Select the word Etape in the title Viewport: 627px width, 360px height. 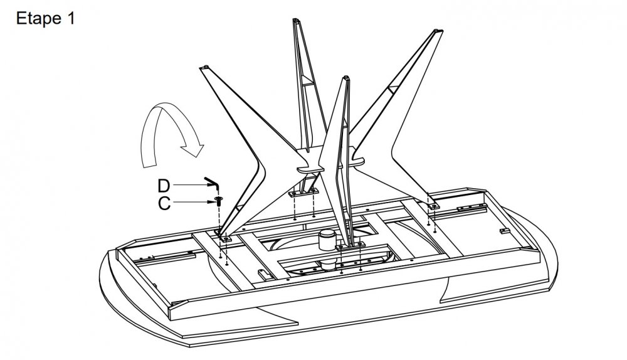37,19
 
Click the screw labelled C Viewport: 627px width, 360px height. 218,201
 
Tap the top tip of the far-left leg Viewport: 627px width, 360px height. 206,67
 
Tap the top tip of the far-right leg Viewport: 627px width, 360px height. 437,31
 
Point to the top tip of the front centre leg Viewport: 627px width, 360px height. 344,78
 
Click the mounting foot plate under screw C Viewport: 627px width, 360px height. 225,236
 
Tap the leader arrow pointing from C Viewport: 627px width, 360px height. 191,202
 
